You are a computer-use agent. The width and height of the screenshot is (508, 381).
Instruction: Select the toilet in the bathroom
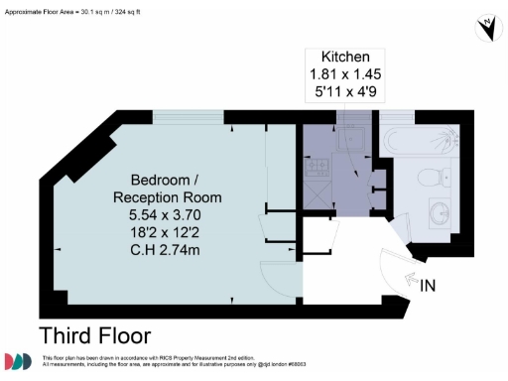[x=431, y=179]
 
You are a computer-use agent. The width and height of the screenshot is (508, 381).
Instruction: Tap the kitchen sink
[x=348, y=142]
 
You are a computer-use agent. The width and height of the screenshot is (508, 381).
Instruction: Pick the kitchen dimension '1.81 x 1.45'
[x=346, y=74]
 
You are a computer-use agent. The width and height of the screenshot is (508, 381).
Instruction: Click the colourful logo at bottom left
[x=18, y=360]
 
